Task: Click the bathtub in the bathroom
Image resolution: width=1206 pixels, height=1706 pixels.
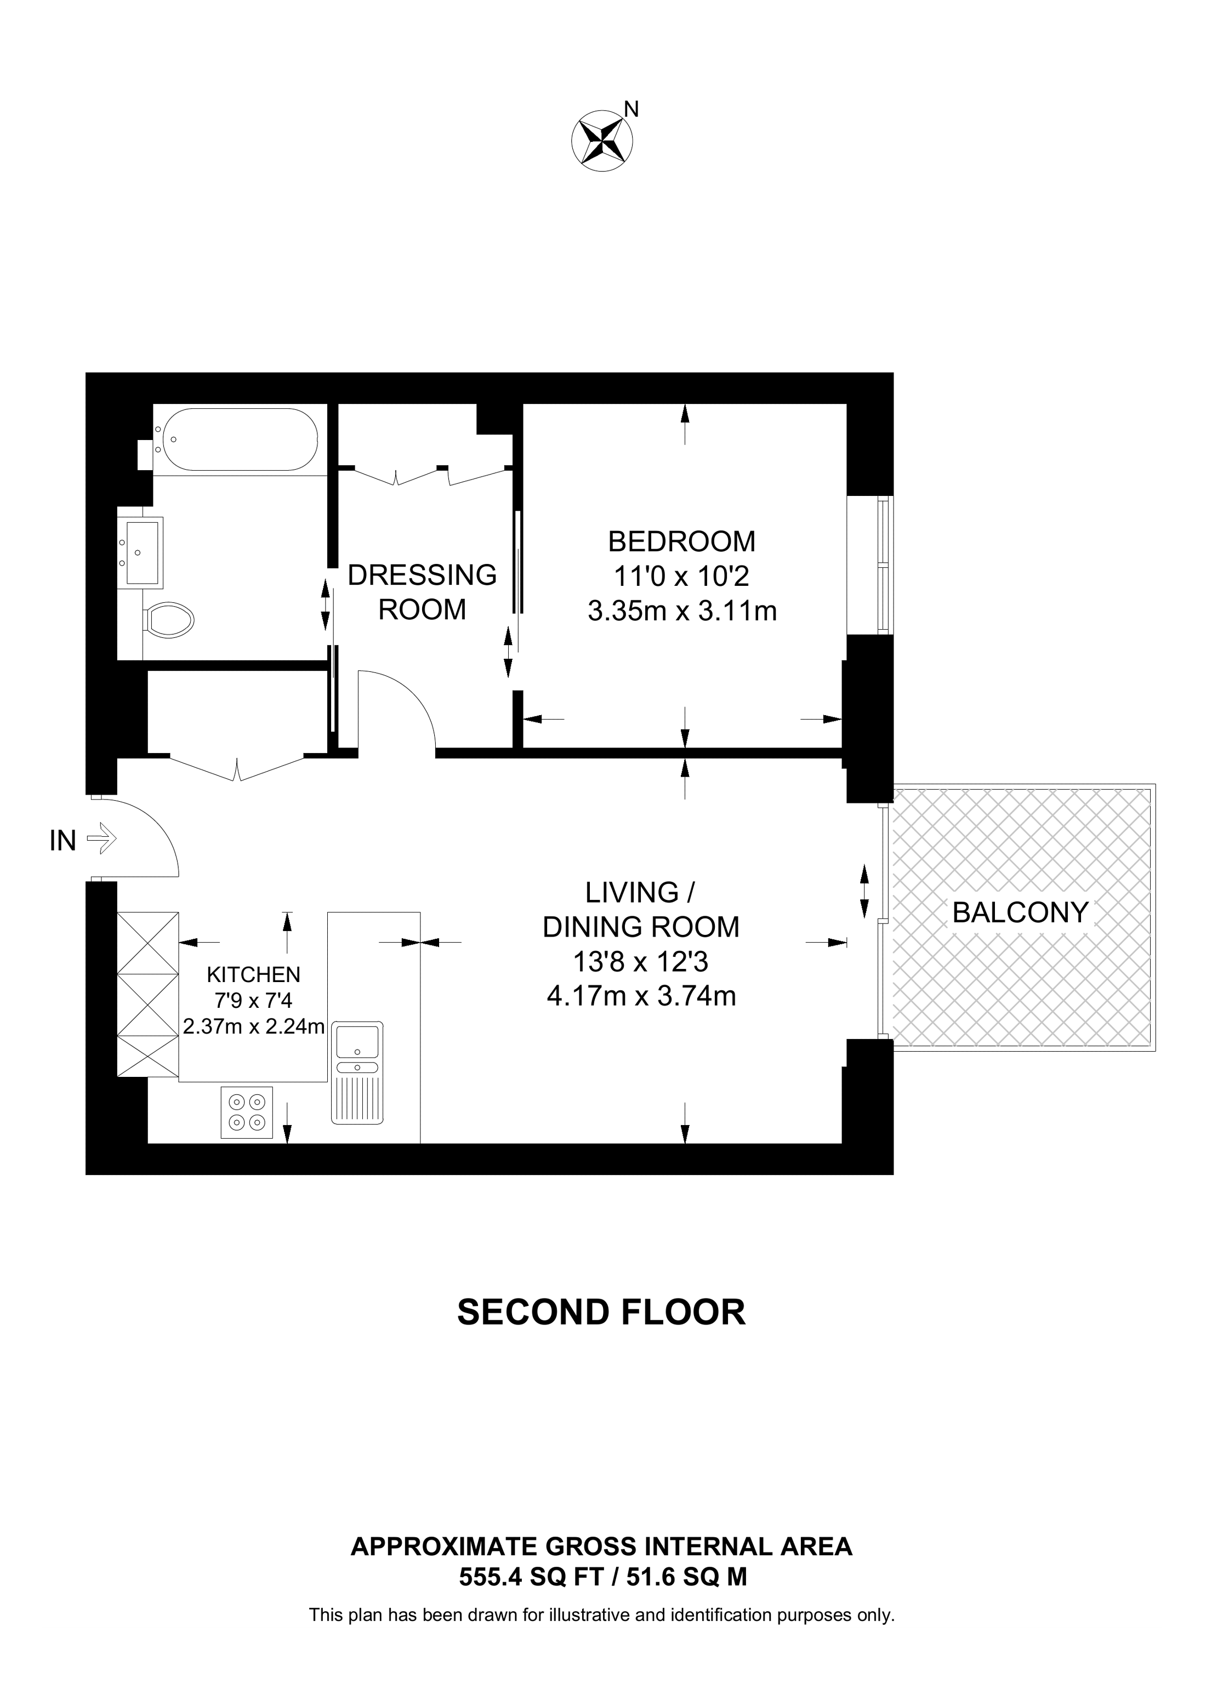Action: tap(239, 439)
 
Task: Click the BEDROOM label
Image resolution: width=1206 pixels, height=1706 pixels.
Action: tap(681, 541)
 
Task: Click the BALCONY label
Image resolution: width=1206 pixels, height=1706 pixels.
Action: tap(1020, 912)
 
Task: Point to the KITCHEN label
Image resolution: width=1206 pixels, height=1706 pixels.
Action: tap(253, 974)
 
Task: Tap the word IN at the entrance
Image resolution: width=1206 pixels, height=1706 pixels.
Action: tap(63, 840)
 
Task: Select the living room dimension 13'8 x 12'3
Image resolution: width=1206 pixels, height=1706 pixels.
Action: tap(640, 962)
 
